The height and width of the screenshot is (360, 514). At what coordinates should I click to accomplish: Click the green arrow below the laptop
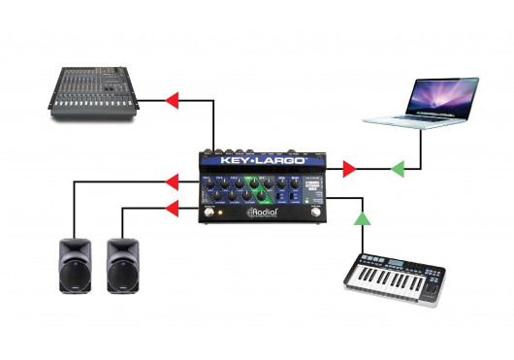398,170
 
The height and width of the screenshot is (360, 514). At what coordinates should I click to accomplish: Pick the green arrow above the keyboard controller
362,218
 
